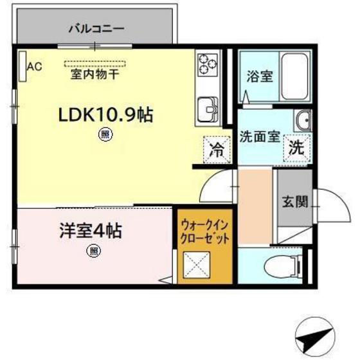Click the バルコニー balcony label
pyautogui.click(x=96, y=28)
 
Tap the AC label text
pyautogui.click(x=34, y=66)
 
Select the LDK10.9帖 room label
pyautogui.click(x=105, y=115)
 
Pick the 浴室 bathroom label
pyautogui.click(x=260, y=76)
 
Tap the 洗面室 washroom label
pyautogui.click(x=260, y=137)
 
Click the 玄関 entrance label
pyautogui.click(x=294, y=201)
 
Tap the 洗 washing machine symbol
pyautogui.click(x=296, y=147)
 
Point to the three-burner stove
pyautogui.click(x=208, y=64)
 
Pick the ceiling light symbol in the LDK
pyautogui.click(x=104, y=134)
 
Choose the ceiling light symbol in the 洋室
pyautogui.click(x=94, y=251)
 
